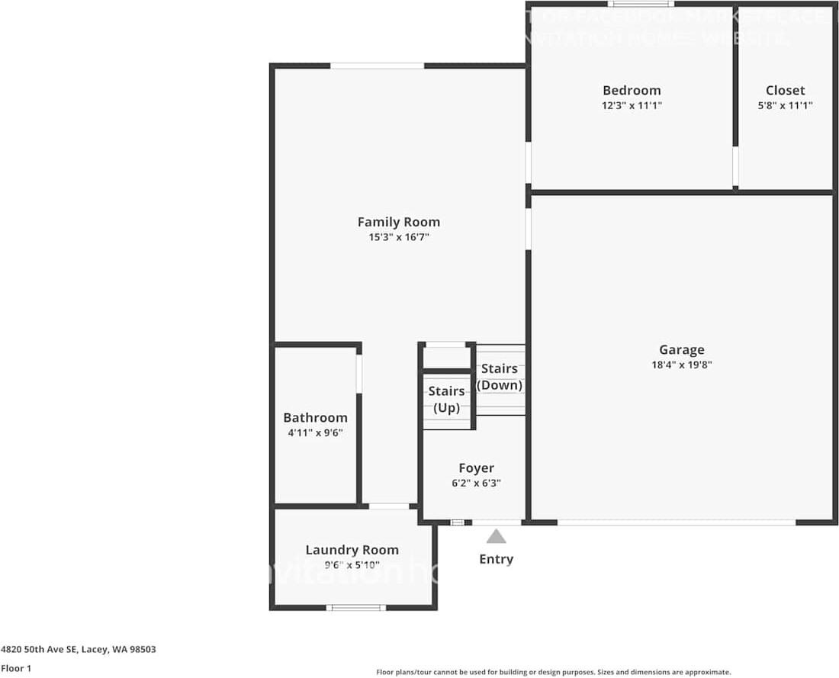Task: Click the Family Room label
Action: click(398, 222)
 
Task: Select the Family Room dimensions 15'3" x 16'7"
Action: click(398, 237)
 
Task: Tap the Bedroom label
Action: click(632, 90)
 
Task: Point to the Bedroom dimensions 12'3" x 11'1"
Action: click(632, 106)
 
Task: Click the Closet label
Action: click(785, 90)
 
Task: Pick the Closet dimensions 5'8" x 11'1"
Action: click(785, 106)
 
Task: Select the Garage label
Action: click(681, 349)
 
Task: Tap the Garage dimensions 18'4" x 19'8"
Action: click(681, 365)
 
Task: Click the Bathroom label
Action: click(315, 417)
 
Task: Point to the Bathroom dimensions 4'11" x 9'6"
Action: click(315, 432)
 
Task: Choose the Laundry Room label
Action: click(352, 549)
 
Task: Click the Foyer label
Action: click(476, 468)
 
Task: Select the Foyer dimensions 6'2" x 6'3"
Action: click(476, 483)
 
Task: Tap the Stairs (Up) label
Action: click(446, 399)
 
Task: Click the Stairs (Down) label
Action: click(500, 377)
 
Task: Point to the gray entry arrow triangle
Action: click(496, 537)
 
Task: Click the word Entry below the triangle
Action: click(496, 559)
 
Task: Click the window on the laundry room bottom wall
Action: click(356, 607)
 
